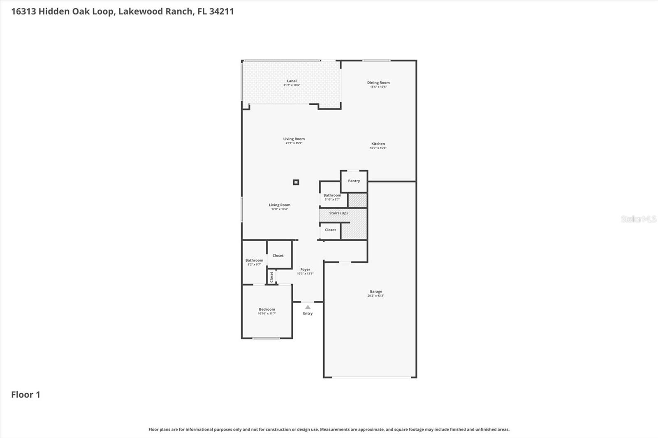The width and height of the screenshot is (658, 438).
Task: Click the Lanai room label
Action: (292, 81)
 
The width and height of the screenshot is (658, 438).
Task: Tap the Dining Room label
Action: (378, 83)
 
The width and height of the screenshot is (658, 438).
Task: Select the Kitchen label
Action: (378, 144)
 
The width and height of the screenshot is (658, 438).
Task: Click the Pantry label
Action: (354, 181)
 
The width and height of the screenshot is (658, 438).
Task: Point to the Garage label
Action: (375, 292)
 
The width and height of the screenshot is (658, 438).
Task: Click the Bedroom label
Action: (267, 309)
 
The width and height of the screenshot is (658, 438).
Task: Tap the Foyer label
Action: (305, 270)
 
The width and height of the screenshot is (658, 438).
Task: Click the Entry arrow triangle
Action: (308, 307)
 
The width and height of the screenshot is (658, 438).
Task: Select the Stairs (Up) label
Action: (338, 213)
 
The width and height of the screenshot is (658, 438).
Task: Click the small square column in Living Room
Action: (296, 182)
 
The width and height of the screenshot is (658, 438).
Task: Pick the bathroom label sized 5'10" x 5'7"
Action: (332, 196)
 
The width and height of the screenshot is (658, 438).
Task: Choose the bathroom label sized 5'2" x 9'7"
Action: (254, 260)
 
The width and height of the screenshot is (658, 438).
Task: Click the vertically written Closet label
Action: (271, 277)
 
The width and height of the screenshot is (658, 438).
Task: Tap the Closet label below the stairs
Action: (330, 230)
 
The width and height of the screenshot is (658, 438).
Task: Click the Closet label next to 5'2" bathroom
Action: (278, 256)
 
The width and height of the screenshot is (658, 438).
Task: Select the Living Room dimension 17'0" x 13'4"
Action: (279, 209)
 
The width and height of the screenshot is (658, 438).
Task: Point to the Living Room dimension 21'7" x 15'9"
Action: (294, 143)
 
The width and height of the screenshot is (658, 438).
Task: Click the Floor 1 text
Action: (25, 394)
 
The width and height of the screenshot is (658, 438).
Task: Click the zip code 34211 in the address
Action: (221, 11)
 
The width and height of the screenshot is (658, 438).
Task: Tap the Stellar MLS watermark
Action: (638, 219)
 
